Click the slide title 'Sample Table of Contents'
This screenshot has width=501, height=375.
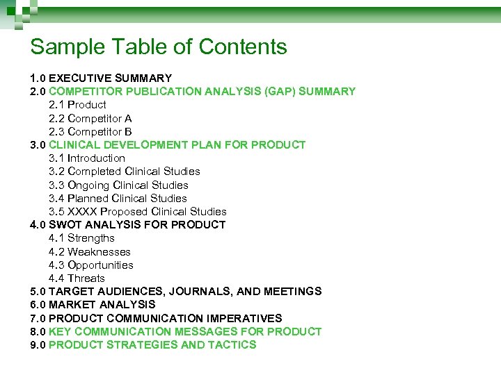click(x=159, y=47)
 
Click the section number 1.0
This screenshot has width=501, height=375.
click(x=38, y=78)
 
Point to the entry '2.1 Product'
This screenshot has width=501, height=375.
click(x=77, y=105)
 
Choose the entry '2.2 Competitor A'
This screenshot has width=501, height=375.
click(x=90, y=118)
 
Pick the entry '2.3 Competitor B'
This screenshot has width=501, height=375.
click(x=90, y=131)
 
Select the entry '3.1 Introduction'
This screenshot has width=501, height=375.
click(x=87, y=158)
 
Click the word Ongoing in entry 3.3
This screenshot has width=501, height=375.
click(x=88, y=185)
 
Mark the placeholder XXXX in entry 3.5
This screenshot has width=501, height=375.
click(x=82, y=212)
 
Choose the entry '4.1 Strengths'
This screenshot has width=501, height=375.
click(x=81, y=238)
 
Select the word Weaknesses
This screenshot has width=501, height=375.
click(x=99, y=252)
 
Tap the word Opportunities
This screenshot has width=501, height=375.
click(x=100, y=265)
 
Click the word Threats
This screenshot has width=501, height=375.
click(x=86, y=278)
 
